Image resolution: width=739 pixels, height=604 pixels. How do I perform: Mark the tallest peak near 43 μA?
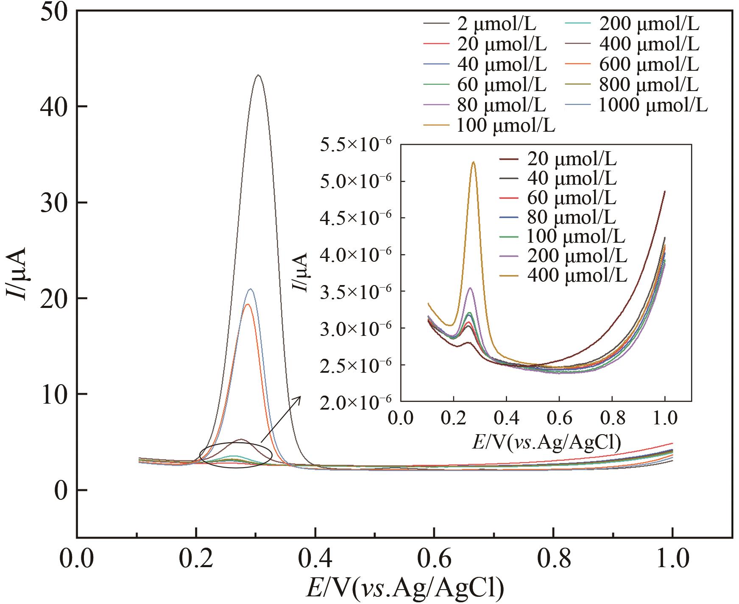pos(258,75)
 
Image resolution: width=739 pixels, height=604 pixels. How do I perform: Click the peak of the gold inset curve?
pos(474,162)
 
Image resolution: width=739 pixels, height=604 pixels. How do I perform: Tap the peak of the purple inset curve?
pos(470,288)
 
